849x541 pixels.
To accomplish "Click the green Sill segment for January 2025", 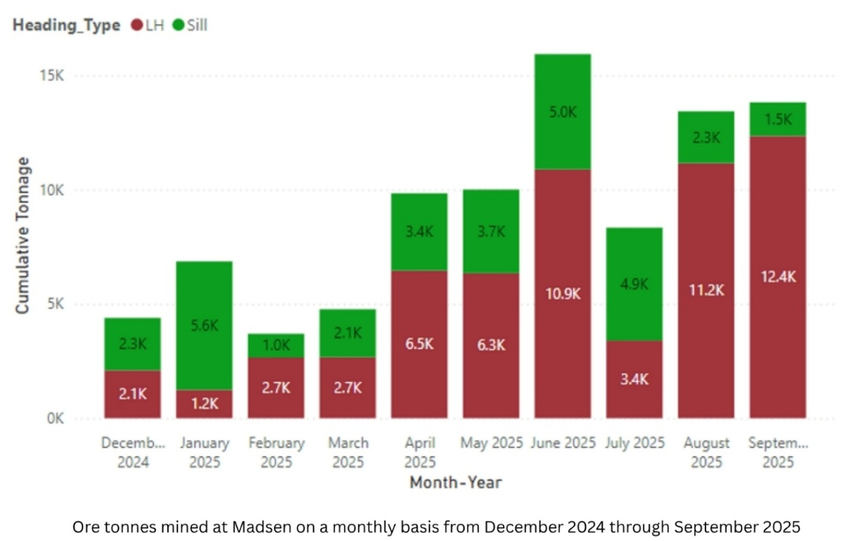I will click(204, 325).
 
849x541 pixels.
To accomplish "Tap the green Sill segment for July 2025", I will click(634, 284).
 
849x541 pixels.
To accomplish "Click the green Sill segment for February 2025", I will click(276, 346).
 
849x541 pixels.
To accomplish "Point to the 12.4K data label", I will click(778, 277).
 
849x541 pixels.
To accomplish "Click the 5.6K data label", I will click(204, 325).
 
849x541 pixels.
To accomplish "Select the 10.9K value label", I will click(562, 293).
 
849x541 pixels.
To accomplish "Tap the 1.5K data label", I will click(778, 120).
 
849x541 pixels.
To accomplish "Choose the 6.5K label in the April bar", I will click(419, 344).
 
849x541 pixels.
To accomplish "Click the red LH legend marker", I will click(137, 25).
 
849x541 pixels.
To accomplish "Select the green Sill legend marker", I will click(178, 25).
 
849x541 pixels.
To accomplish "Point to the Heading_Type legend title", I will click(66, 25).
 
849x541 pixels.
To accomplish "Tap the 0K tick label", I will click(55, 419).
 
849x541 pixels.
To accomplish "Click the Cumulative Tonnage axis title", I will click(24, 235).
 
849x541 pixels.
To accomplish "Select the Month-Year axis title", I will click(455, 482).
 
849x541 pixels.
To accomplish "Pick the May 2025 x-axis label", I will click(490, 443).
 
